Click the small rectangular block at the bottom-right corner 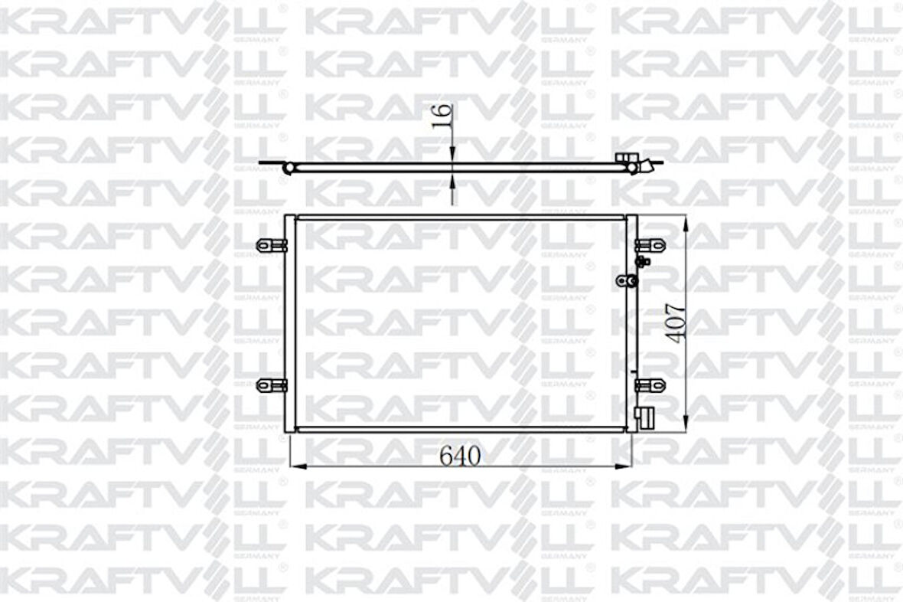[x=644, y=417]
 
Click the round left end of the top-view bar [x=288, y=167]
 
